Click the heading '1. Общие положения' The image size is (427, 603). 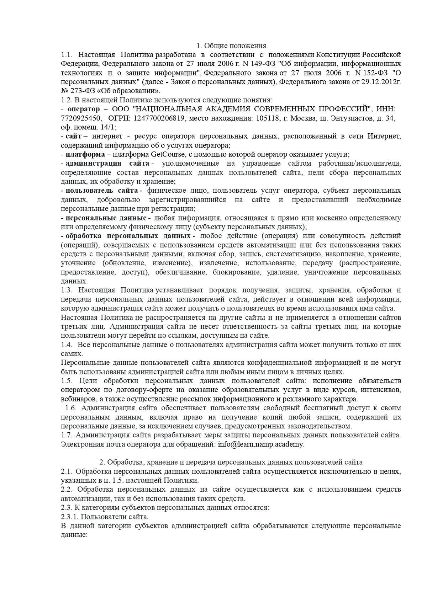click(x=231, y=46)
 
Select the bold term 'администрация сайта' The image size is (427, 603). click(x=107, y=164)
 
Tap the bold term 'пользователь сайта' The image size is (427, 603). click(x=103, y=191)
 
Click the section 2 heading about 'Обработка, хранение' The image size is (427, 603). click(x=231, y=462)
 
